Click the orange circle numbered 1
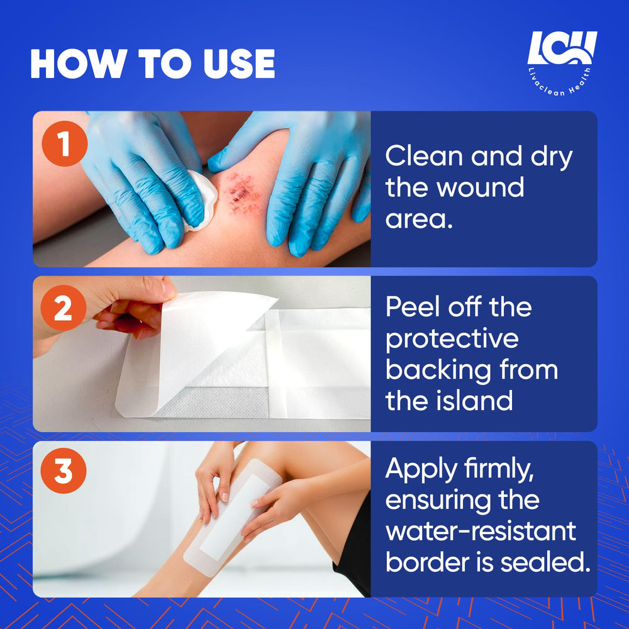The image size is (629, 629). tap(65, 143)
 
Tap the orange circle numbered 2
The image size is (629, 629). tap(64, 308)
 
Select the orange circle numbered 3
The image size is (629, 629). tap(64, 470)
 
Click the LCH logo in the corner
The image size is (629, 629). tap(562, 63)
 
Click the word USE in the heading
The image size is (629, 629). tap(239, 64)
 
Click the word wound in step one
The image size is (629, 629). tap(480, 187)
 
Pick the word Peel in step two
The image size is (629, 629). tap(413, 307)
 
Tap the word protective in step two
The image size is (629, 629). tap(452, 340)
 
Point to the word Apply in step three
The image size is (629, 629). tap(421, 470)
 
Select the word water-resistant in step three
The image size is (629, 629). tap(481, 531)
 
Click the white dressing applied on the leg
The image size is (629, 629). tap(233, 518)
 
